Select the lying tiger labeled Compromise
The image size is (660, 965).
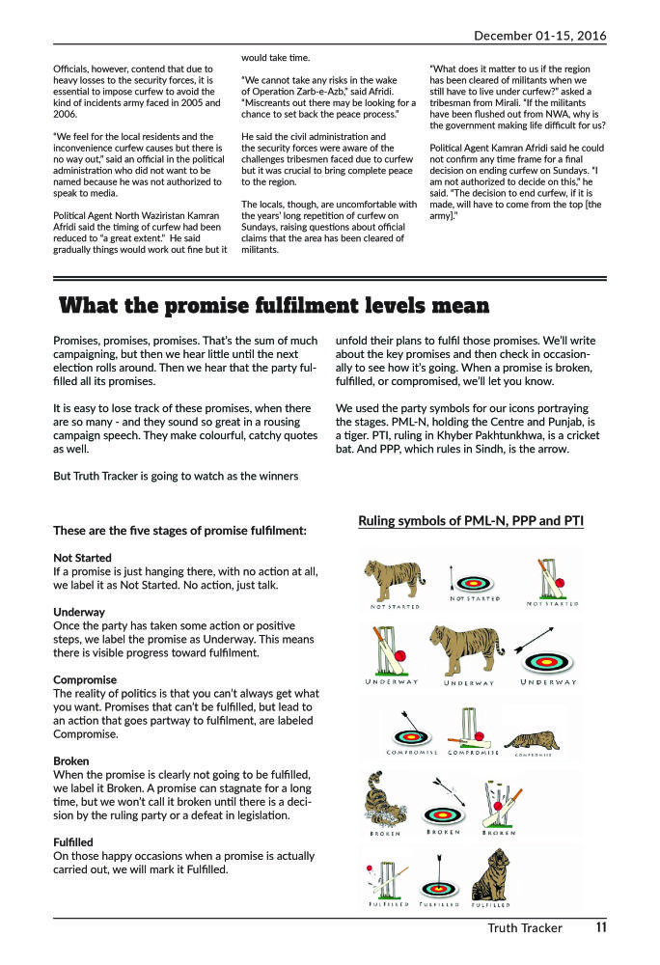pos(532,738)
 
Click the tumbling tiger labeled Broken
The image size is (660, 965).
pos(384,803)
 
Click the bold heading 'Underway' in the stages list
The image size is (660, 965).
pos(79,612)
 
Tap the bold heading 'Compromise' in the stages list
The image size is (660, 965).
pos(85,679)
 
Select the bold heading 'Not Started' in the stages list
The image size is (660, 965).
pos(82,558)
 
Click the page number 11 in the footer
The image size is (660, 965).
pos(600,928)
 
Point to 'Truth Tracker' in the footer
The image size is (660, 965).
pos(525,928)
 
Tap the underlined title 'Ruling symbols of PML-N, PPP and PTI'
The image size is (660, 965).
pos(471,521)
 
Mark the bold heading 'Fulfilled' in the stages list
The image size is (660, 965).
pos(73,841)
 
